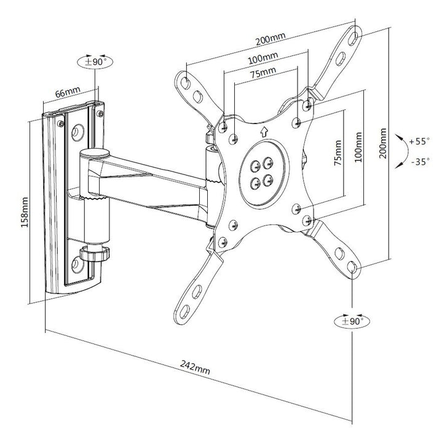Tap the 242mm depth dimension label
196,369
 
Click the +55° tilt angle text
419,141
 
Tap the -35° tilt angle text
419,162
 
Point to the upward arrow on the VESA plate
263,130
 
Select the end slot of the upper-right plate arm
357,36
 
